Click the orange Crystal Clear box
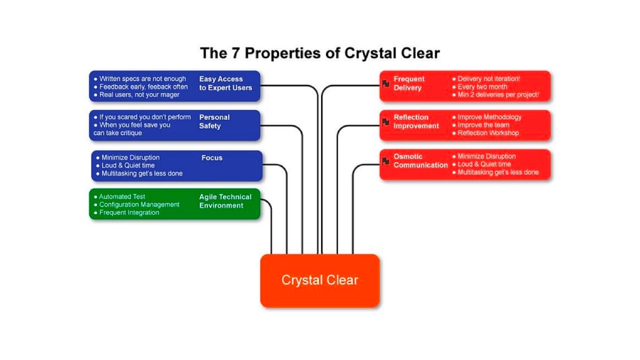pyautogui.click(x=319, y=281)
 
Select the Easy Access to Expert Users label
pyautogui.click(x=225, y=83)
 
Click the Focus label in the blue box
pyautogui.click(x=212, y=158)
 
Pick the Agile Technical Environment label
pyautogui.click(x=225, y=201)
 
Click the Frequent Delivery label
pyautogui.click(x=409, y=83)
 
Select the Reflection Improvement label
pyautogui.click(x=416, y=122)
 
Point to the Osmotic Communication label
pyautogui.click(x=420, y=161)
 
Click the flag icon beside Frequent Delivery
pyautogui.click(x=386, y=84)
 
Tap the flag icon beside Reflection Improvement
pyautogui.click(x=386, y=122)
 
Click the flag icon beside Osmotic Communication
pyautogui.click(x=386, y=161)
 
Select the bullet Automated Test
pyautogui.click(x=122, y=197)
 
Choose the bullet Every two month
pyautogui.click(x=482, y=87)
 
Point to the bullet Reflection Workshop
pyautogui.click(x=487, y=133)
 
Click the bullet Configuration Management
pyautogui.click(x=139, y=205)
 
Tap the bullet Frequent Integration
pyautogui.click(x=129, y=213)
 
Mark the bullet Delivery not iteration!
pyautogui.click(x=489, y=79)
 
